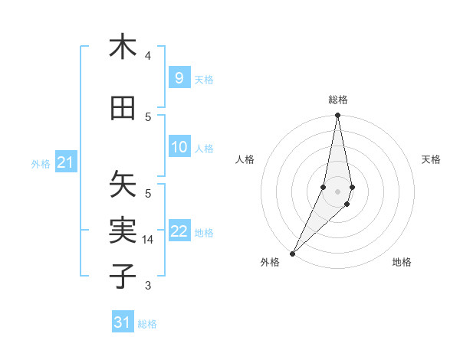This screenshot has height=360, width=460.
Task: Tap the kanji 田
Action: pos(123,108)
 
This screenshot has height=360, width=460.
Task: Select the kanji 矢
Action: pos(123,184)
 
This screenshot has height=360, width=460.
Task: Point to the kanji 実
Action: pos(123,231)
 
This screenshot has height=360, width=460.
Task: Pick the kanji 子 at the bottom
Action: pos(123,276)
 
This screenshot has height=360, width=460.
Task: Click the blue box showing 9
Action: pos(179,77)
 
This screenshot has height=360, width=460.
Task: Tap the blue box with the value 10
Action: pos(179,147)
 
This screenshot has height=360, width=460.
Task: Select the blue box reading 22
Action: pos(179,231)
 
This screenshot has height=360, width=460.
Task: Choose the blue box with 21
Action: pos(65,162)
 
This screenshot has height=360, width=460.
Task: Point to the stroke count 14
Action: pos(147,240)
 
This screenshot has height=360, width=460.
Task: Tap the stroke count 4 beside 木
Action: pos(148,56)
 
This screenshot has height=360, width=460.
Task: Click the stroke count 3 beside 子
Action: pos(148,286)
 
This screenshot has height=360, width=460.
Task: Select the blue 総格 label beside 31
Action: pos(147,324)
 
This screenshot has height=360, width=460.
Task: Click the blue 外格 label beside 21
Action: pos(41,163)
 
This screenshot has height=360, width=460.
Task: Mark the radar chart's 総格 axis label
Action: pos(337,100)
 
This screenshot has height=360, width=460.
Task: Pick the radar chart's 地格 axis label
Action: pos(402,262)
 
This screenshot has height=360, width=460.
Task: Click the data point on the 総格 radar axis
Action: pos(337,116)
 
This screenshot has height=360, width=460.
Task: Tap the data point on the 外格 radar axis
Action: pos(292,253)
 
